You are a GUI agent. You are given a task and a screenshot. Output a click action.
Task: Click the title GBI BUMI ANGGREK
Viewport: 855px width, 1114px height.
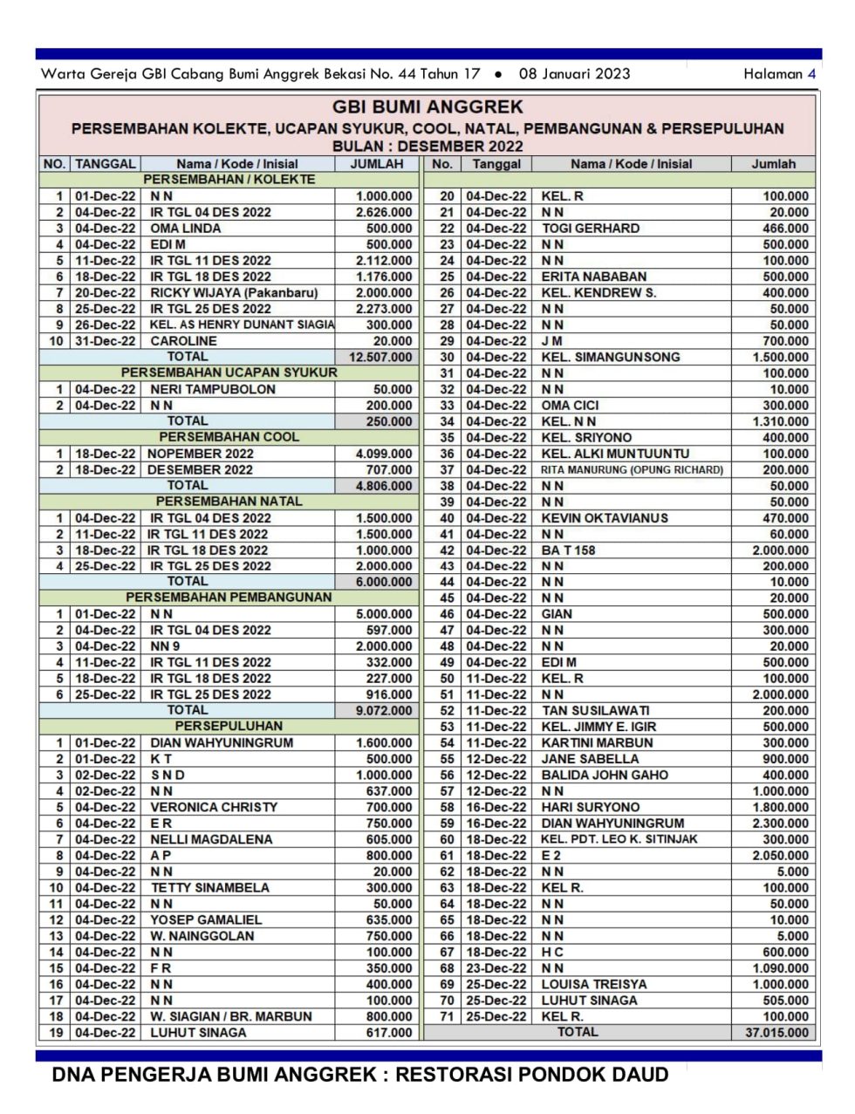(427, 107)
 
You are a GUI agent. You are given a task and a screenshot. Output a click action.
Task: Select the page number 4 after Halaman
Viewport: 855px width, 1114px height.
(811, 74)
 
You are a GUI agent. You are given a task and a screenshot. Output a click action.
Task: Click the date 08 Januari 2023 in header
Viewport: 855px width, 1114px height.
(574, 74)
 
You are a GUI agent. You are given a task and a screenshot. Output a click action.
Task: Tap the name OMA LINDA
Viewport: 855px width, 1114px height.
(185, 229)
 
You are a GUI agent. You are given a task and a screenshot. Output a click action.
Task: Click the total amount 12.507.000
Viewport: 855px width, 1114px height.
(380, 357)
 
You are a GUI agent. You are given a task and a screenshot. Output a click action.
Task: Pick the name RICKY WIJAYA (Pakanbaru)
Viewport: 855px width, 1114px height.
(234, 293)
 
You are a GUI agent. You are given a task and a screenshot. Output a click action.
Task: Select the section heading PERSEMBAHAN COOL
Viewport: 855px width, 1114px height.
(229, 437)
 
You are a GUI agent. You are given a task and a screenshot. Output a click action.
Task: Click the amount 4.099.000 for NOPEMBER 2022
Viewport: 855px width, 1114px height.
(384, 454)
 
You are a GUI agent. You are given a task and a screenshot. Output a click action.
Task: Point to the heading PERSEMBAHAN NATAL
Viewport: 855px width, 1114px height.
(229, 502)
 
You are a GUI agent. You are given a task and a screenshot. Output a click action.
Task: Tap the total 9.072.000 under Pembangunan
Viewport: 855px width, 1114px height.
(384, 711)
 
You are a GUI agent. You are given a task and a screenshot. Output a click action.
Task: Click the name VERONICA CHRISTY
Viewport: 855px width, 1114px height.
(214, 808)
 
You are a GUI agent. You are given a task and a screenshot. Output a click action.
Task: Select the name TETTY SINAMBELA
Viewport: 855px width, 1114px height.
(209, 888)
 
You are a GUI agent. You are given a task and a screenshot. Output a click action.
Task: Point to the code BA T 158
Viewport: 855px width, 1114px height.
(568, 550)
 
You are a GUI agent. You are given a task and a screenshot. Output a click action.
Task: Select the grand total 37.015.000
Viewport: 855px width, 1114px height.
(776, 1033)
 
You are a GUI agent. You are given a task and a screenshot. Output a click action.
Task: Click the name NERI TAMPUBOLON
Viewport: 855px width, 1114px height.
(213, 390)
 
